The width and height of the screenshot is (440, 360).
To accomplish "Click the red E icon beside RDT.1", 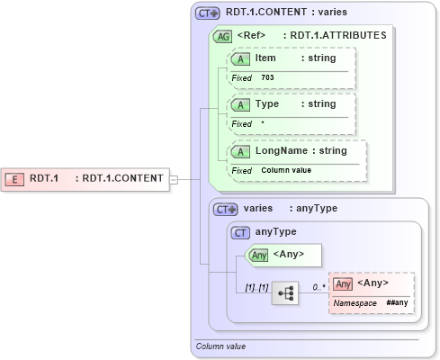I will [x=16, y=178].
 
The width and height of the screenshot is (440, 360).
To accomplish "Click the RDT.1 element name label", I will [x=44, y=178].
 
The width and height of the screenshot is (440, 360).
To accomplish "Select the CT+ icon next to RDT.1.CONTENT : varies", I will [x=208, y=13].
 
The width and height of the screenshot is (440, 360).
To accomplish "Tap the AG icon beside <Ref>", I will [x=221, y=37].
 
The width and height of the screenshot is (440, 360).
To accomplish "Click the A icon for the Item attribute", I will [x=241, y=58].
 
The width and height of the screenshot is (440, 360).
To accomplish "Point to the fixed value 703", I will [x=267, y=78].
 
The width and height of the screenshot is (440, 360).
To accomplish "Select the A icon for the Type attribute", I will [x=241, y=104].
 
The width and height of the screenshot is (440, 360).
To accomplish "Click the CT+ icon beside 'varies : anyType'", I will [x=225, y=209].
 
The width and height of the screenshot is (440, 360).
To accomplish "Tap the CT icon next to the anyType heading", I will [x=240, y=232].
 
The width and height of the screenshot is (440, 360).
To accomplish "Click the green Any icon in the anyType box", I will [x=257, y=255].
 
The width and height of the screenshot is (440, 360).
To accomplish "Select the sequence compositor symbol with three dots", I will [x=285, y=293].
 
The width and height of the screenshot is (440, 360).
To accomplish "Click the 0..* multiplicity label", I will [x=318, y=285].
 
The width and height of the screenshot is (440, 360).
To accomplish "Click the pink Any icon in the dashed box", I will [x=342, y=283].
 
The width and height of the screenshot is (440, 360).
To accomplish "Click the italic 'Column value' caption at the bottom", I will [x=220, y=346].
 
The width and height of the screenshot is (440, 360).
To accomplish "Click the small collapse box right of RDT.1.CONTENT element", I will [x=175, y=179].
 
